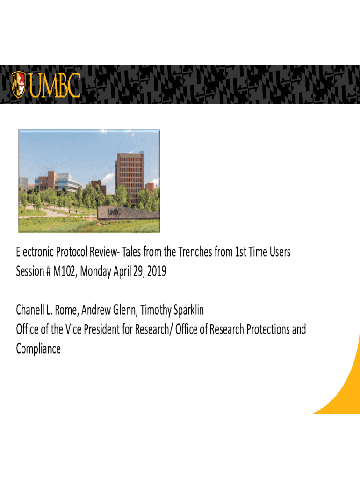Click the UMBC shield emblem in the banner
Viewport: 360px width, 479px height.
pyautogui.click(x=18, y=85)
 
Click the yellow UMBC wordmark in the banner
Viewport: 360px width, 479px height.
pyautogui.click(x=55, y=86)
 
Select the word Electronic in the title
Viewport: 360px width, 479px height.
pyautogui.click(x=35, y=252)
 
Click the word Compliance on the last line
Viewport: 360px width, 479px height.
pyautogui.click(x=38, y=349)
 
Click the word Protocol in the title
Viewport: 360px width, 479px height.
pyautogui.click(x=72, y=252)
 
